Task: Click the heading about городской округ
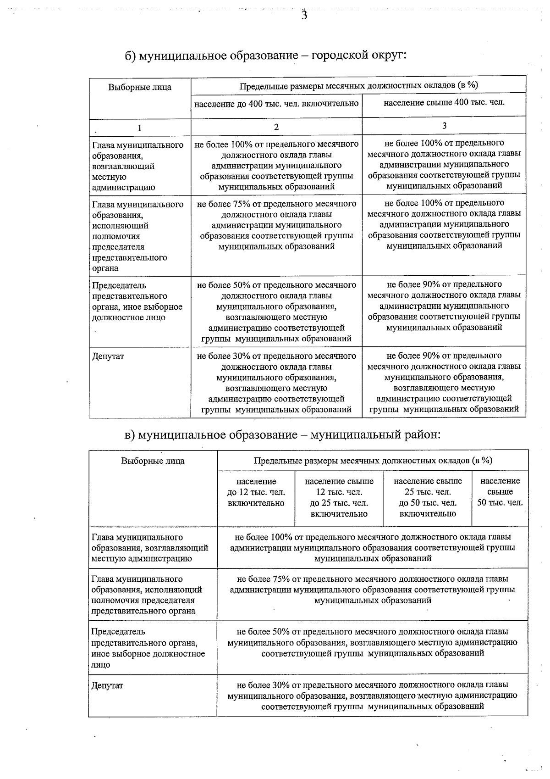(266, 56)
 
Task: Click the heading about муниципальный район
(282, 434)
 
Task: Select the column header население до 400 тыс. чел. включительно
(276, 103)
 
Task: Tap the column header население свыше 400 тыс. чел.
(444, 102)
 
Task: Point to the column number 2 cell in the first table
(276, 127)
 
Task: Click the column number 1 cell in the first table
(140, 128)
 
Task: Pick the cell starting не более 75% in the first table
(276, 225)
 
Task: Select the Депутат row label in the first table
(108, 356)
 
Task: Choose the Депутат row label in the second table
(107, 686)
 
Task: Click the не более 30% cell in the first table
(276, 383)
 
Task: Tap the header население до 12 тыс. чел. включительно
(256, 492)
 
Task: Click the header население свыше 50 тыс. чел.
(500, 492)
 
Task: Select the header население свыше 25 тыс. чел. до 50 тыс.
(427, 497)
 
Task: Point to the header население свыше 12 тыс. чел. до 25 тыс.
(339, 497)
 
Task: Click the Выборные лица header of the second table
(153, 461)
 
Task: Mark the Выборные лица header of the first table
(140, 87)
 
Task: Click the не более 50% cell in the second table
(372, 642)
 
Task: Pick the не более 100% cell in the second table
(372, 547)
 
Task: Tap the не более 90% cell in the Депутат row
(444, 382)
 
